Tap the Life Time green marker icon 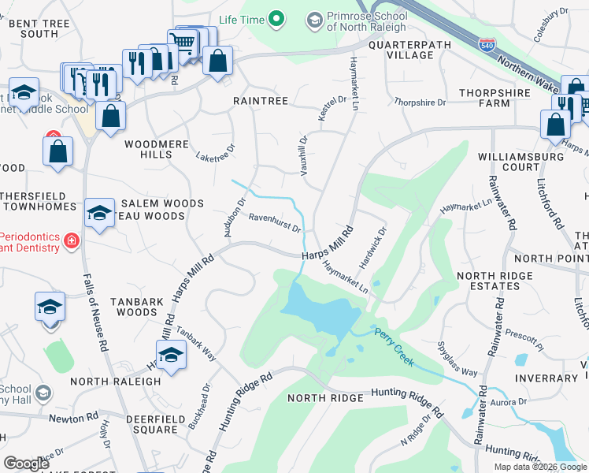[x=276, y=17]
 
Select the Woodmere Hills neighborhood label [x=148, y=149]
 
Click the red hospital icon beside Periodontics [x=72, y=240]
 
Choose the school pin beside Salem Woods [x=99, y=213]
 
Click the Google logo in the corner [x=26, y=463]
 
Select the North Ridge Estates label [x=495, y=281]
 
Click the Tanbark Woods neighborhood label [x=132, y=306]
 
